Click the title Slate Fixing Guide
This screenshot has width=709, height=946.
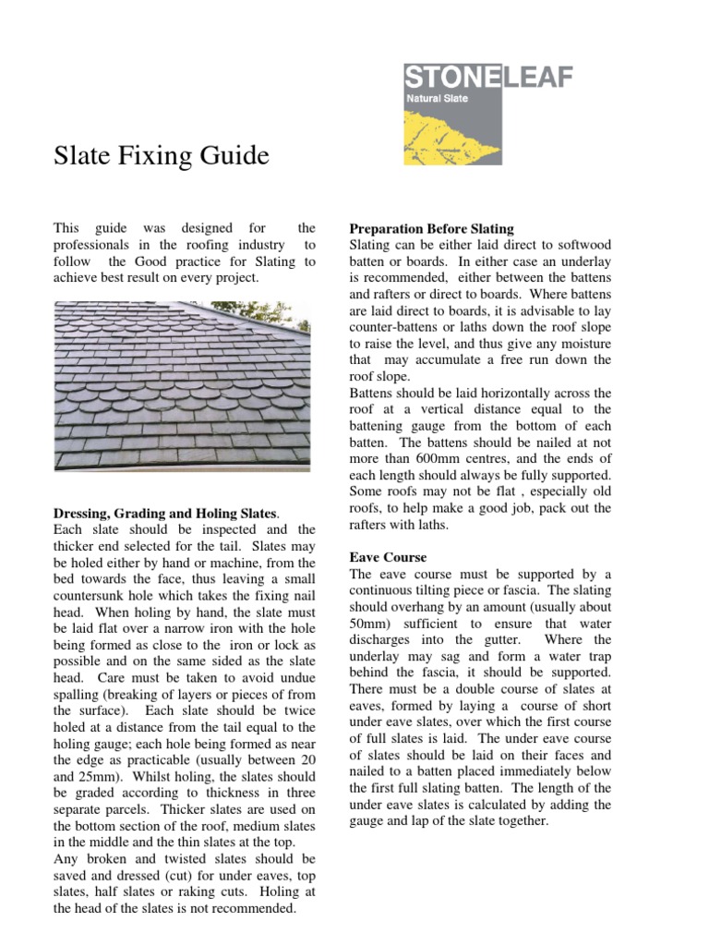click(x=162, y=156)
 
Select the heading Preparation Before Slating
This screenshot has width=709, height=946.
click(x=431, y=228)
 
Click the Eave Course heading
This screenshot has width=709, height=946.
click(x=388, y=558)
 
